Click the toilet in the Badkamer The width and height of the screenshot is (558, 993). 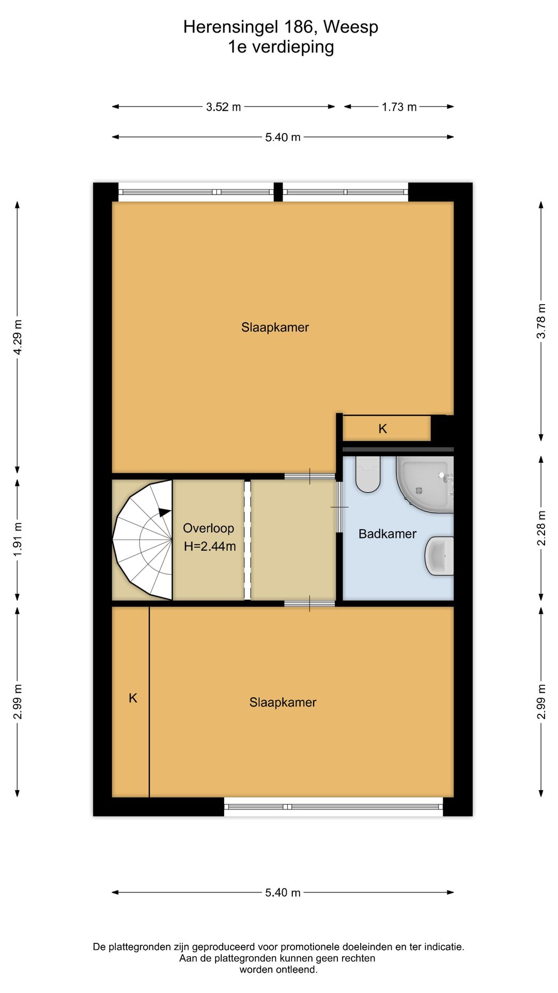(368, 474)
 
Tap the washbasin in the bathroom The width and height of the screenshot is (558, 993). (440, 556)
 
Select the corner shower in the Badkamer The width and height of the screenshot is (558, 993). (425, 484)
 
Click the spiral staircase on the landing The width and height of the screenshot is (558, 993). (143, 539)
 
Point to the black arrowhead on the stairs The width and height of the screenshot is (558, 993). (164, 512)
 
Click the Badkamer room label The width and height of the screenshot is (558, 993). (388, 534)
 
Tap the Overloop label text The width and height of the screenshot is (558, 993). (209, 528)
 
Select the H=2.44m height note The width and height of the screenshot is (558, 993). (210, 546)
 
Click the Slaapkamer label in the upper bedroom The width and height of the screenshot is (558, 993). (275, 327)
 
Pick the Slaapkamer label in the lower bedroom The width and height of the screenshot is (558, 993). (283, 702)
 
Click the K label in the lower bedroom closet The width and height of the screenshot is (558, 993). (133, 698)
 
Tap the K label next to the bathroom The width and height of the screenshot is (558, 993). (382, 428)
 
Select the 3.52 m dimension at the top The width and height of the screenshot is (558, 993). (223, 107)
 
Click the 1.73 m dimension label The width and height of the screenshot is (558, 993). (399, 107)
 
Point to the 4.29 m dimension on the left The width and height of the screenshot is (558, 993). (18, 337)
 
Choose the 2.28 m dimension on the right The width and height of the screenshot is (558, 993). (541, 528)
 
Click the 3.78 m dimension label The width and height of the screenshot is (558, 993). (541, 321)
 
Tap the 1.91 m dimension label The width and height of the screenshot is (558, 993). (18, 539)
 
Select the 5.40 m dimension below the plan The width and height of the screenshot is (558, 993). (283, 893)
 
